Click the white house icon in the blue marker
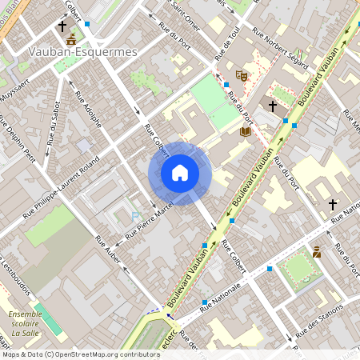tap(180, 173)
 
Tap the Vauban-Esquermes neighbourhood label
tap(83, 51)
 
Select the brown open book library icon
tap(246, 130)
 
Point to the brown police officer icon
tap(318, 252)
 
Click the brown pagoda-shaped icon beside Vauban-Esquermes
tap(71, 38)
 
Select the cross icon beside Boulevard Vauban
tap(272, 106)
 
